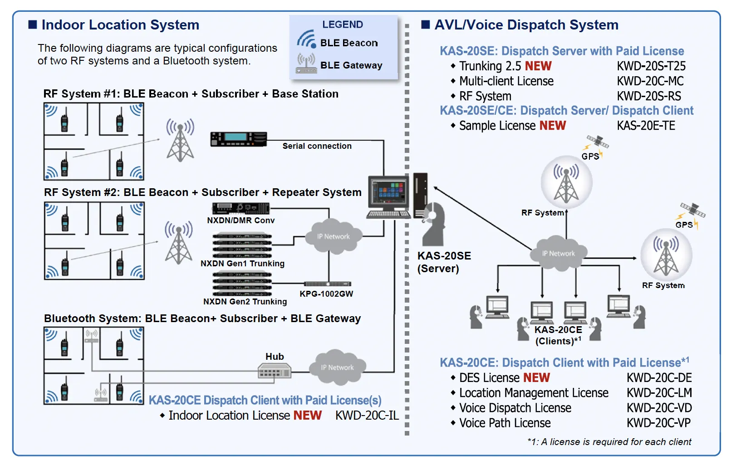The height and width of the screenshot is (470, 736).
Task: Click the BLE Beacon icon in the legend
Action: point(306,39)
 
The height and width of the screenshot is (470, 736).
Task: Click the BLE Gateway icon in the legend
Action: point(306,64)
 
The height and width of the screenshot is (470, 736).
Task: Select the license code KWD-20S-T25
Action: point(651,66)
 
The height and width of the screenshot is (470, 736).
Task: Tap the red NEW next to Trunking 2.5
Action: point(538,66)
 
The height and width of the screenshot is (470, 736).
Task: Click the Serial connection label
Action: point(317,146)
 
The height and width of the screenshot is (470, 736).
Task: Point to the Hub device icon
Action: point(274,372)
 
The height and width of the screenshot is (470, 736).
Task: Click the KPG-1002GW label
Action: point(326,294)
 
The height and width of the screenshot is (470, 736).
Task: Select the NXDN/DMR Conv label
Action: point(240,220)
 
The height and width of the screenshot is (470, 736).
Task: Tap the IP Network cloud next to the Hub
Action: point(337,367)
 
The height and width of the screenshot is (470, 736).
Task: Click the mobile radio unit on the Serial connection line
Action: point(238,138)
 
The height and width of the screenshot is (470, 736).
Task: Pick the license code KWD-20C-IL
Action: point(367,416)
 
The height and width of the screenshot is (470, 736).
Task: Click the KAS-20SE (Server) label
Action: point(444,262)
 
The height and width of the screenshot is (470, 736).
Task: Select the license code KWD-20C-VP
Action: point(658,423)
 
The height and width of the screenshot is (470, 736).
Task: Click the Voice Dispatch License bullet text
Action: point(515,408)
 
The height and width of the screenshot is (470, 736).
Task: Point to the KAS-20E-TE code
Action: point(646,126)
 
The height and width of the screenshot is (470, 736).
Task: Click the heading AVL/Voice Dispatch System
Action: point(526,25)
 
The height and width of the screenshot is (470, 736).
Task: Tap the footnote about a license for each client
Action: point(609,442)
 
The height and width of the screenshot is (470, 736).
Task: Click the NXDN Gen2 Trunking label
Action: point(245,302)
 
